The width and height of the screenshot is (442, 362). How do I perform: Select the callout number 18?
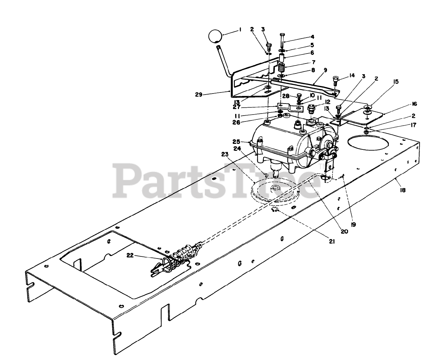[402, 190]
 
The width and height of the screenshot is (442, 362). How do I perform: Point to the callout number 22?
[130, 255]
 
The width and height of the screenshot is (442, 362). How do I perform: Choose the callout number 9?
[325, 70]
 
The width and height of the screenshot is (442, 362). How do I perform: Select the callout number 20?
[344, 232]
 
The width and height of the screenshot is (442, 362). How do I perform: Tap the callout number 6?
[312, 53]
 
